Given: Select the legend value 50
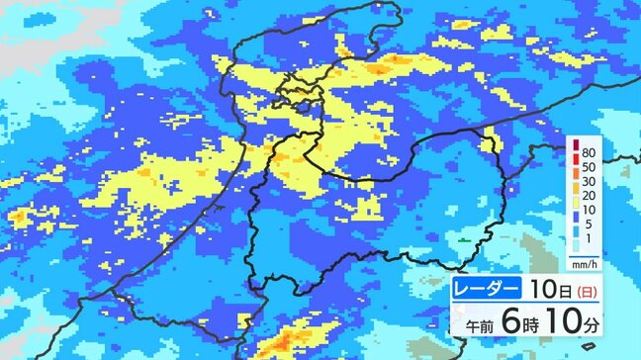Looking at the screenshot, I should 589,170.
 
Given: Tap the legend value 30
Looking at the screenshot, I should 589,188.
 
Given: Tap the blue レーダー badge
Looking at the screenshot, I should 488,291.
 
